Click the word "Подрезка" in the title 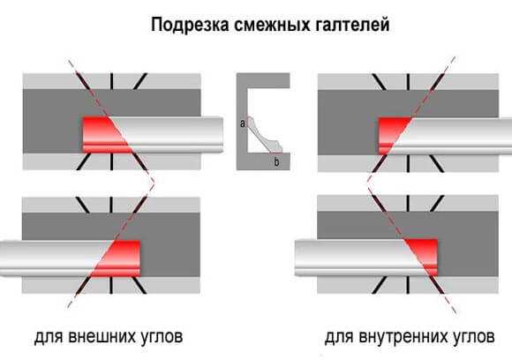pyautogui.click(x=190, y=25)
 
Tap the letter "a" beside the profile pyautogui.click(x=242, y=124)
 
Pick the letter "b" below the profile pyautogui.click(x=276, y=161)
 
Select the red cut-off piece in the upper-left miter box pyautogui.click(x=104, y=135)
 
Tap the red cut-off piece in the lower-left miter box pyautogui.click(x=120, y=259)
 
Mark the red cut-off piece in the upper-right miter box pyautogui.click(x=391, y=134)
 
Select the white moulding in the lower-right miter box pyautogui.click(x=359, y=257)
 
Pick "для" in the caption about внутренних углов pyautogui.click(x=339, y=337)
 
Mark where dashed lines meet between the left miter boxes pyautogui.click(x=154, y=182)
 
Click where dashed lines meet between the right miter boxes pyautogui.click(x=368, y=181)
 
